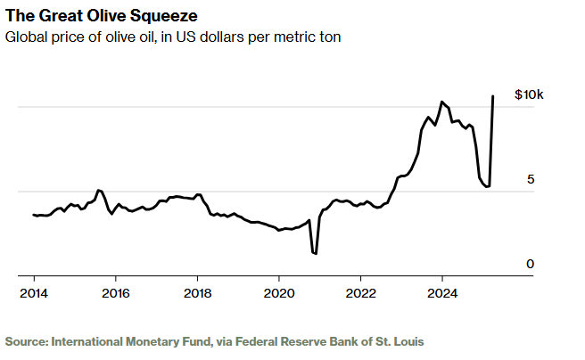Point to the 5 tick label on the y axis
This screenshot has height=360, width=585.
click(530, 180)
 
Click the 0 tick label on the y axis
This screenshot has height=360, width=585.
click(530, 265)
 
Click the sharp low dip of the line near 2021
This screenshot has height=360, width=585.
click(315, 253)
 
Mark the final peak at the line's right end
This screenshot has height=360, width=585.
click(493, 96)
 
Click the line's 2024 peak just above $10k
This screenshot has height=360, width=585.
click(441, 102)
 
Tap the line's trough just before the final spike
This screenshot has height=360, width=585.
click(488, 186)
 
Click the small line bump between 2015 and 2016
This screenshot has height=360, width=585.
click(99, 190)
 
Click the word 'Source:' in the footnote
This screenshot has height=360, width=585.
click(27, 340)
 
